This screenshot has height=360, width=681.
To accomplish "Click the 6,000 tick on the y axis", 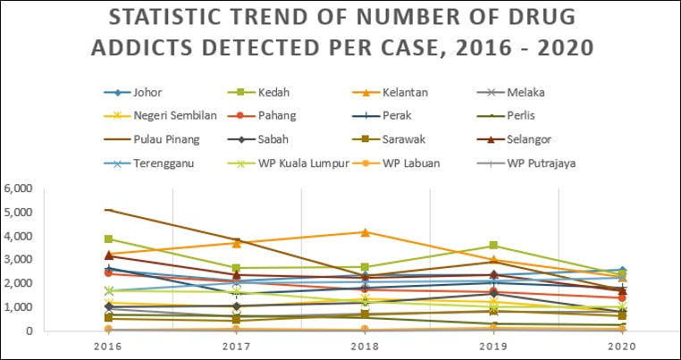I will point(19,188).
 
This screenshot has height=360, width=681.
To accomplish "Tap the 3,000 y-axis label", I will point(19,260).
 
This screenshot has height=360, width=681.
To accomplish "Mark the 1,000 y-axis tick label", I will point(19,307).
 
